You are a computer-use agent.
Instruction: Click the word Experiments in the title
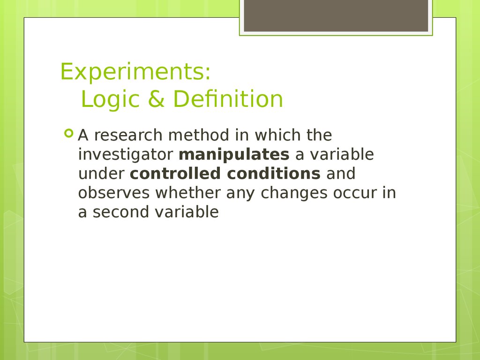(x=133, y=72)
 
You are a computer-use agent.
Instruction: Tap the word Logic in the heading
(x=110, y=99)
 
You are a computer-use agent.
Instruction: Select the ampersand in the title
(x=156, y=99)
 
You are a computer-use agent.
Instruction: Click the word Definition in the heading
(x=228, y=99)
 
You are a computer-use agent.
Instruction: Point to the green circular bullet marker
(x=69, y=133)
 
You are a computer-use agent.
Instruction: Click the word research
(x=128, y=135)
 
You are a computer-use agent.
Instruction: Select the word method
(x=199, y=135)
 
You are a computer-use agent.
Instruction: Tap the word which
(x=277, y=135)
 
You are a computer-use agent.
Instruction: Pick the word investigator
(x=126, y=155)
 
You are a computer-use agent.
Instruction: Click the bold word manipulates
(x=234, y=155)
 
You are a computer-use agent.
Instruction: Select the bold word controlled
(x=175, y=173)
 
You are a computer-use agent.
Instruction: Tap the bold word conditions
(x=274, y=173)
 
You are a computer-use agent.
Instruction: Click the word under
(x=101, y=173)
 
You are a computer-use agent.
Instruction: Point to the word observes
(x=114, y=193)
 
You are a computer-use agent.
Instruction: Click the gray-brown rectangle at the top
(x=336, y=15)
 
